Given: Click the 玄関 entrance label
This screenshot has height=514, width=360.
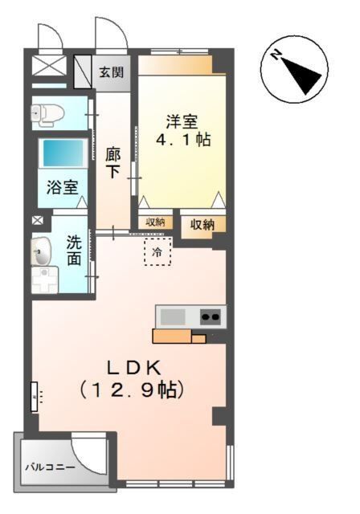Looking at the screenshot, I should click(x=111, y=72).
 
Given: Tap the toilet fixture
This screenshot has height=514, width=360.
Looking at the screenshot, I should click(x=47, y=114).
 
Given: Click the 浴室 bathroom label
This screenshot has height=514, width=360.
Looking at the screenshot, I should click(x=62, y=189).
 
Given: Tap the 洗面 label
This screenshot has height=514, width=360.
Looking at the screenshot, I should click(x=73, y=250).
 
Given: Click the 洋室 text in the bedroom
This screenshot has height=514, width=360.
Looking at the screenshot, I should click(x=182, y=122).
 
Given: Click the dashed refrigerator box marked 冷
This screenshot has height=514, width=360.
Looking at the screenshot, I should click(x=157, y=251).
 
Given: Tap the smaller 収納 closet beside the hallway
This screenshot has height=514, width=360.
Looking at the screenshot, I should click(x=155, y=222).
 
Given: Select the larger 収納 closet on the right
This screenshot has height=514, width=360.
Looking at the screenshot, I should click(x=202, y=224).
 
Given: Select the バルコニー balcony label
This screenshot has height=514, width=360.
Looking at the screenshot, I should click(x=49, y=467).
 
